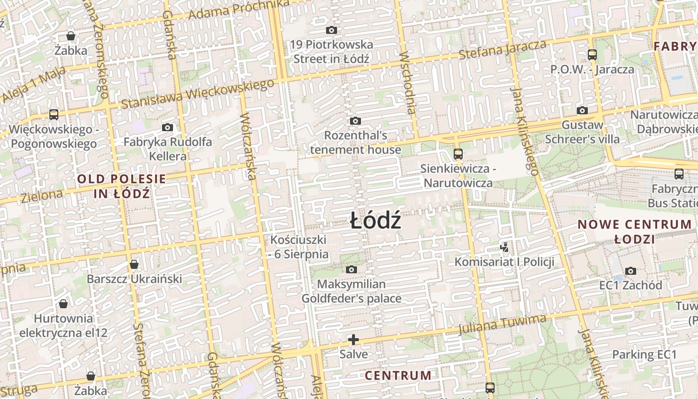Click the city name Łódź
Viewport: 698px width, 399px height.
click(x=375, y=220)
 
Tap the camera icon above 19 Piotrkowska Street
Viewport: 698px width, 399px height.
click(x=332, y=30)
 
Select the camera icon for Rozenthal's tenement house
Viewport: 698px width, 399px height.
click(x=355, y=121)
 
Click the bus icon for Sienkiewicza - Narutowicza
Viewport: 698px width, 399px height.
click(x=458, y=154)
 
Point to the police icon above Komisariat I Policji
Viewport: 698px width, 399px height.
click(x=505, y=246)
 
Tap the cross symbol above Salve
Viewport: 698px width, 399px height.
click(x=353, y=340)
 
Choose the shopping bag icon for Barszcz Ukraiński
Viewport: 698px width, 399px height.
click(x=134, y=264)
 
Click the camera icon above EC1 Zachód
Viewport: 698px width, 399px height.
click(x=631, y=271)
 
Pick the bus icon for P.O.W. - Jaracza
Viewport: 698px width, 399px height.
click(x=592, y=55)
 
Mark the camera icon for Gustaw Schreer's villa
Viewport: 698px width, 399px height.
click(x=582, y=110)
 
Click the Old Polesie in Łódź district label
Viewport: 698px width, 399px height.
click(x=122, y=186)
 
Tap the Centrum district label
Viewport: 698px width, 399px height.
click(x=398, y=375)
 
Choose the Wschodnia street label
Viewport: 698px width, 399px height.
click(x=407, y=82)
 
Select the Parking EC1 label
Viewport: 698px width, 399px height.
click(x=644, y=355)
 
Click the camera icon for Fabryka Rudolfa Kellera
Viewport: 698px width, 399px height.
click(x=168, y=128)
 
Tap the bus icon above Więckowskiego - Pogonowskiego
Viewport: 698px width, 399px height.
click(x=54, y=115)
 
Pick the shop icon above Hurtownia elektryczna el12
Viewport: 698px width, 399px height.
click(x=63, y=304)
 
